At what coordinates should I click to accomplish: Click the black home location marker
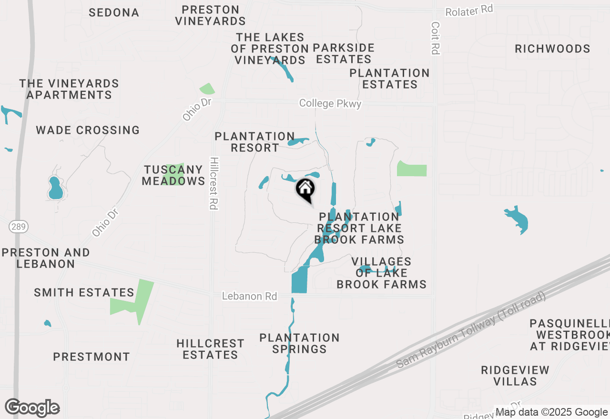tap(305, 190)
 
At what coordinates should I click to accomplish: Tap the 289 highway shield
tap(17, 227)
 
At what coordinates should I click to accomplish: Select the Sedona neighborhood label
tap(114, 12)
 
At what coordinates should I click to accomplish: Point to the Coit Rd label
tap(435, 38)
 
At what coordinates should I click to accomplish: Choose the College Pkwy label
tap(330, 103)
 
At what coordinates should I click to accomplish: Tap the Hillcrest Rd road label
tap(213, 183)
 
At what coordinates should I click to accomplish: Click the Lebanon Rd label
tap(249, 296)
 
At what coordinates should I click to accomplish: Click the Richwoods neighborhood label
tap(552, 49)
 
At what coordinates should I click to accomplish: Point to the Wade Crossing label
tap(88, 130)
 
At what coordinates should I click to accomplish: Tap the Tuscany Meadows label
tap(173, 175)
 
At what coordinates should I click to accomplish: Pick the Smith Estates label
tap(84, 292)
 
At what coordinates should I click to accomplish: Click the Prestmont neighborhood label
tap(91, 357)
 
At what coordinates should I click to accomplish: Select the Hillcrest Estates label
tap(210, 349)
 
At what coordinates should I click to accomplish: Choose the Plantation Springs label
tap(299, 343)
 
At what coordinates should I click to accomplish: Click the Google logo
tap(32, 408)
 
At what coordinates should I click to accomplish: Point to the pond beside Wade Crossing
tap(55, 188)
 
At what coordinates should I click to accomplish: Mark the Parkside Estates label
tap(343, 53)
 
